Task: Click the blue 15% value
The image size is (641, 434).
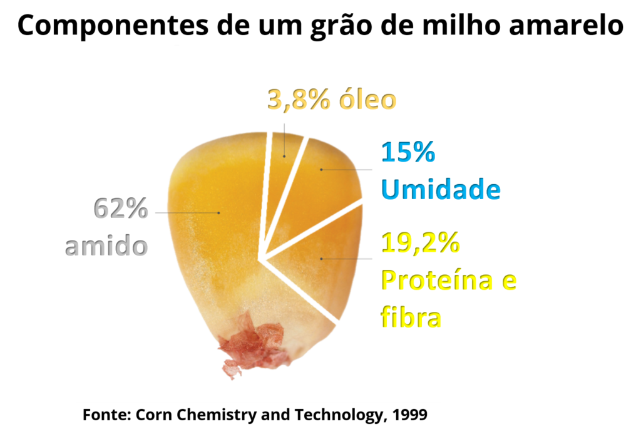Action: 407,153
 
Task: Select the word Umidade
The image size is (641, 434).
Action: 441,189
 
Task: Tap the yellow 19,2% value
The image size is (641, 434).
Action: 420,244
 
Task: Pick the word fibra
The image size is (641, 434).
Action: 411,318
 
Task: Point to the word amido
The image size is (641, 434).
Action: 106,245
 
